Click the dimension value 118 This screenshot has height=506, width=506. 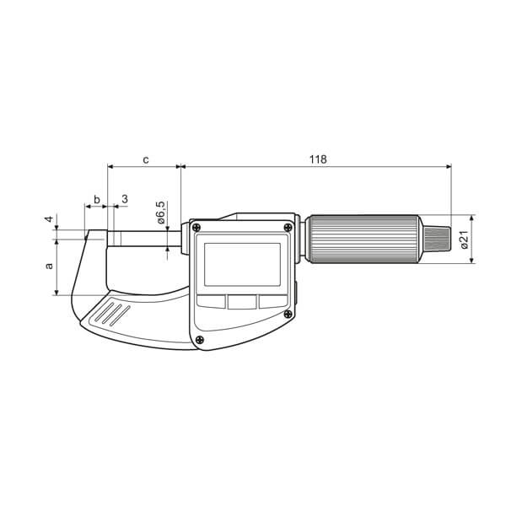318,159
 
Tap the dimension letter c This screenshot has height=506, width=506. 146,159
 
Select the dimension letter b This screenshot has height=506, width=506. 97,199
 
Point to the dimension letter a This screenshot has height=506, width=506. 49,266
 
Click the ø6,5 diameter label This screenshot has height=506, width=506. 161,213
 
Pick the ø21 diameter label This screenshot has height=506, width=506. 465,240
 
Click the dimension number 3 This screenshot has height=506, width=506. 125,199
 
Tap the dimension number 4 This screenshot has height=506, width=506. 49,218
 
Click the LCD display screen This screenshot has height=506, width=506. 242,265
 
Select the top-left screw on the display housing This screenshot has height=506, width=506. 196,228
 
